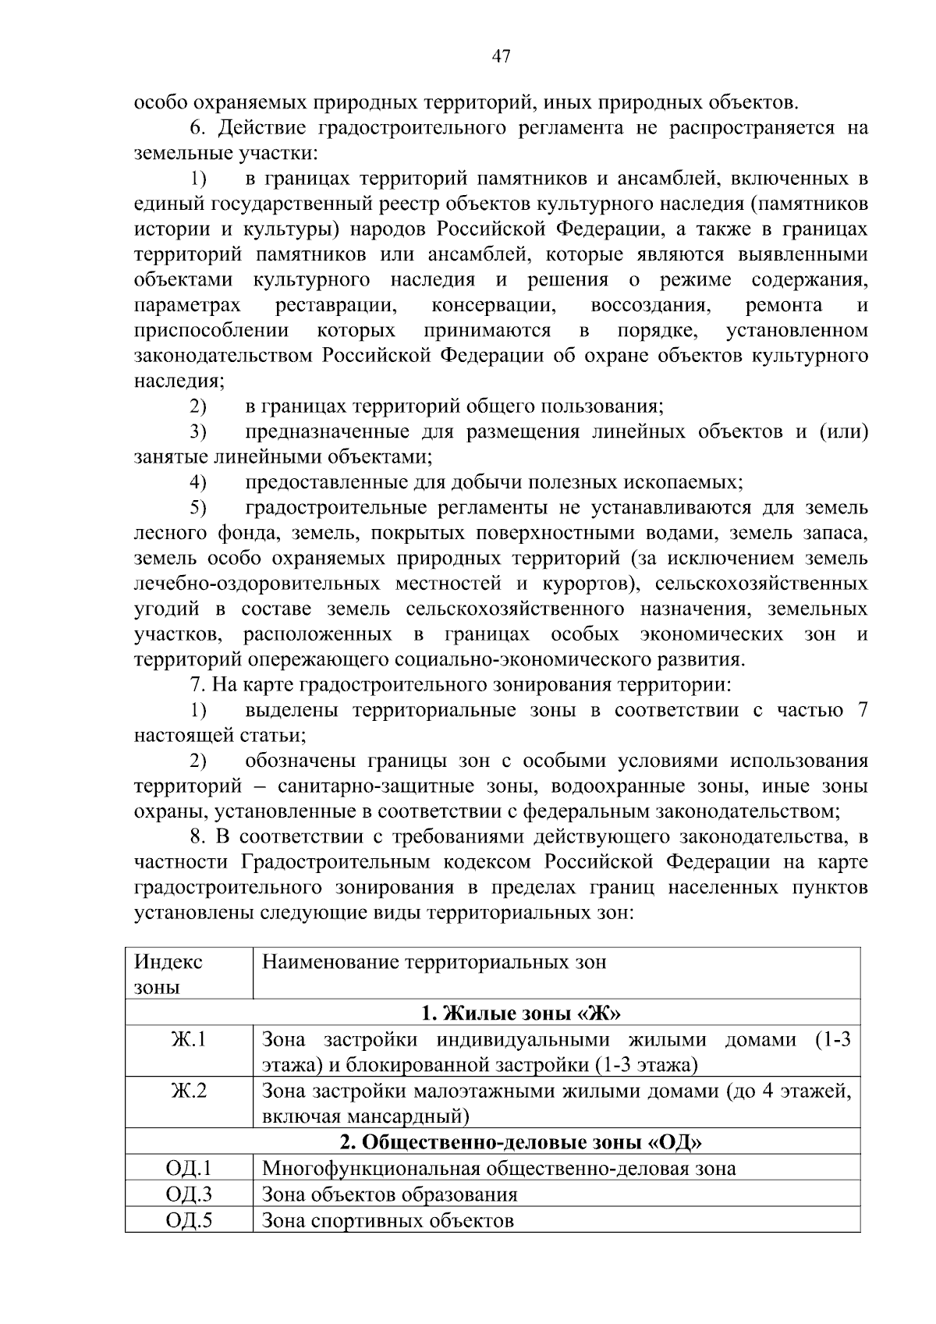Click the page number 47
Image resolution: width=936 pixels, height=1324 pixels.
tap(501, 55)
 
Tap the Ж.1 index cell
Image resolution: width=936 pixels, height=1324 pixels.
tap(189, 1039)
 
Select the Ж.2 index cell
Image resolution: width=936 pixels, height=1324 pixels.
tap(189, 1090)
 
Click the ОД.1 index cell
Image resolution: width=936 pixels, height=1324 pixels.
tap(189, 1168)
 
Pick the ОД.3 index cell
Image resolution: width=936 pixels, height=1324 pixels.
tap(189, 1194)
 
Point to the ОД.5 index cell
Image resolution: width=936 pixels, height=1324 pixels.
tap(189, 1219)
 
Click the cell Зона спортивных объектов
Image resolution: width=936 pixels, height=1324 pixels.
tap(388, 1219)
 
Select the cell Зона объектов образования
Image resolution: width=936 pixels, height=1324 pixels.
tap(389, 1194)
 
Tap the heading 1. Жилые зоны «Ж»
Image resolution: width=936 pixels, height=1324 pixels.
tap(521, 1013)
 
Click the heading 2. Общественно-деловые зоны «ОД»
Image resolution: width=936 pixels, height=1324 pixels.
tap(521, 1142)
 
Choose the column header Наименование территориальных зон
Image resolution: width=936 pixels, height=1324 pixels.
tap(434, 961)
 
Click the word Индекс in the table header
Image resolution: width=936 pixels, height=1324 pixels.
tap(168, 961)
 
